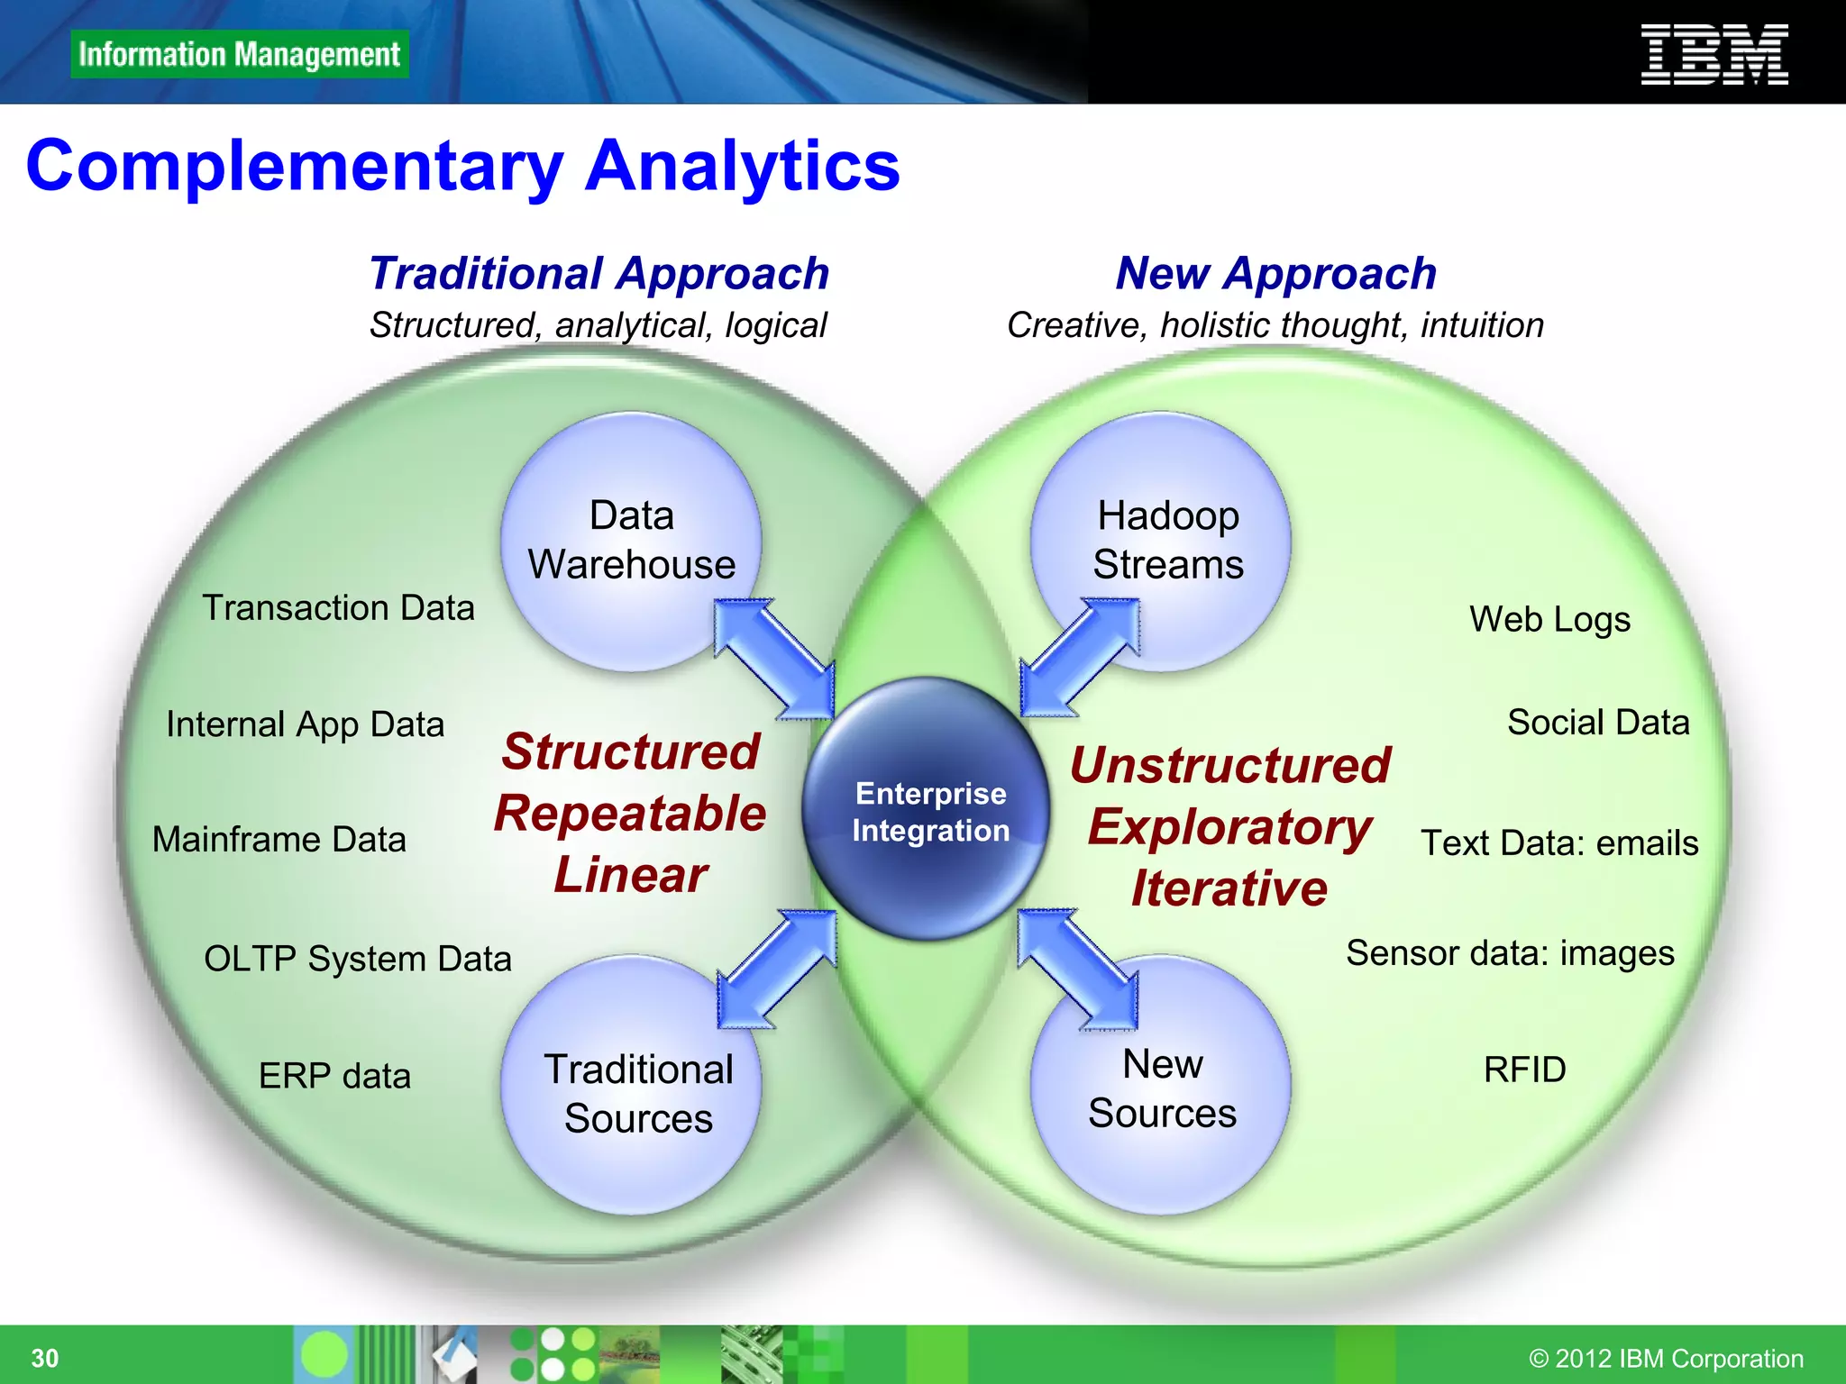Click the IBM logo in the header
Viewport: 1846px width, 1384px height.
[1713, 55]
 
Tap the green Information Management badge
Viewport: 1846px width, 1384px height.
[240, 54]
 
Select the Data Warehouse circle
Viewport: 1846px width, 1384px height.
[631, 541]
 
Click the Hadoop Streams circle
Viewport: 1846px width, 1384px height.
[1161, 541]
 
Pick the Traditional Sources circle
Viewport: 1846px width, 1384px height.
[631, 1086]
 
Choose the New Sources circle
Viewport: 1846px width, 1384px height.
[1161, 1086]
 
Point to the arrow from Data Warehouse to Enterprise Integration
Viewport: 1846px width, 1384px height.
[773, 659]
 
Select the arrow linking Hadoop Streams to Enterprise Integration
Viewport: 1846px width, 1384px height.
[1080, 658]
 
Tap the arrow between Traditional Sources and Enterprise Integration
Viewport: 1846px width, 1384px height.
[777, 969]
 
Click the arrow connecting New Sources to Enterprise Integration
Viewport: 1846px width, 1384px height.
[1078, 969]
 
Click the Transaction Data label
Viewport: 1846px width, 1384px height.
[338, 608]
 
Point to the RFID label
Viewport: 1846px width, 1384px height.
[1524, 1070]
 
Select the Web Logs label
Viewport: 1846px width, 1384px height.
[1549, 620]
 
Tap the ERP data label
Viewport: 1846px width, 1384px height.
[334, 1076]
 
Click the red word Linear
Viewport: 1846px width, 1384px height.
[630, 875]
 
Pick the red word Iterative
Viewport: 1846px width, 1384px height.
[1229, 888]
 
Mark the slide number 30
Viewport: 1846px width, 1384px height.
[45, 1358]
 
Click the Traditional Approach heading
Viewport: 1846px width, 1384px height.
[599, 273]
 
